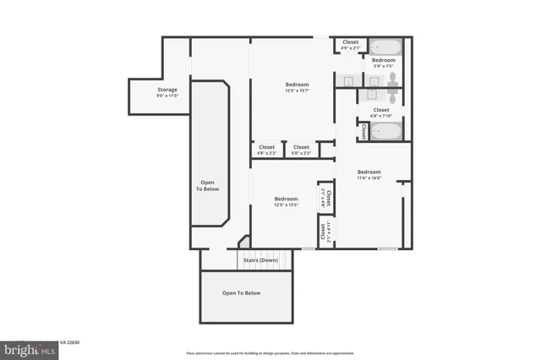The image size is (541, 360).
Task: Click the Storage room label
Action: [x=167, y=92]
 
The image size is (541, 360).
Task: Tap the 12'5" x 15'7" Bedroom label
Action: [x=297, y=87]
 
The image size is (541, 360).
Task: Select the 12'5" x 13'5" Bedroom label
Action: [x=286, y=202]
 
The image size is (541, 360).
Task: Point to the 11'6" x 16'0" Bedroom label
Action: [x=369, y=174]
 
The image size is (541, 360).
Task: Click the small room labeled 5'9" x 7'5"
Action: [x=384, y=63]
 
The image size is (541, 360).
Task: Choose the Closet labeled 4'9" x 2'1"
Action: [x=350, y=44]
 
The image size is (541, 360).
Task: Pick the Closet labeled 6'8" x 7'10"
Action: [x=381, y=112]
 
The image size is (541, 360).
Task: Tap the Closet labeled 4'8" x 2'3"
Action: [x=266, y=150]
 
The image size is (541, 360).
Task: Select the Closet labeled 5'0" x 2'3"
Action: [x=301, y=150]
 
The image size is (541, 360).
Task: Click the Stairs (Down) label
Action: [x=260, y=260]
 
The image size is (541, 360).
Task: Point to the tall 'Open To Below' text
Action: [x=208, y=185]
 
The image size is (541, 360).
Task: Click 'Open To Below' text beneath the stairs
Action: [x=241, y=293]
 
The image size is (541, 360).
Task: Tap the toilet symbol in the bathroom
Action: [x=392, y=80]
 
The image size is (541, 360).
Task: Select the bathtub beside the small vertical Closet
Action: [x=386, y=131]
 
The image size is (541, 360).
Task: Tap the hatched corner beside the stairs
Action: [x=243, y=243]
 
